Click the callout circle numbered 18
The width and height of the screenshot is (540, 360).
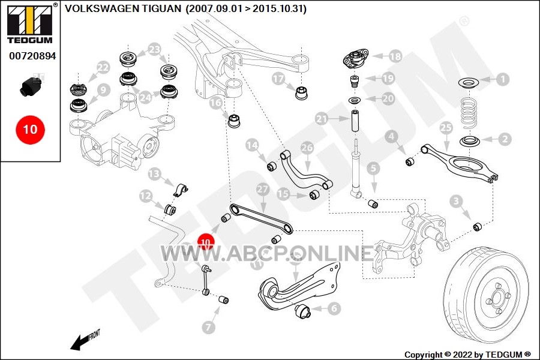tap(395, 56)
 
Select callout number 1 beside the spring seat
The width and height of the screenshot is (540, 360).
tap(502, 79)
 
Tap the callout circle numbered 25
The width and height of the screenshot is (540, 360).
tap(445, 128)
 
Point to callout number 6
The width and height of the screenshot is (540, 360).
tap(334, 308)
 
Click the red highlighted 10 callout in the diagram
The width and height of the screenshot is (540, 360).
tap(206, 242)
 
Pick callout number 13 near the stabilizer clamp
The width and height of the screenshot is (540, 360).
tap(155, 175)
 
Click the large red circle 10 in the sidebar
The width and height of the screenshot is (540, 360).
tap(30, 128)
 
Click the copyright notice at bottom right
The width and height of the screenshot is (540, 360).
tap(467, 355)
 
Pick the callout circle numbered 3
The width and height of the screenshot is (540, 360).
tap(457, 201)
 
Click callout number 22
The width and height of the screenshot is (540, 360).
tap(103, 67)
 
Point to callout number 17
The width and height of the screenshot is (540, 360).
tap(278, 79)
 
